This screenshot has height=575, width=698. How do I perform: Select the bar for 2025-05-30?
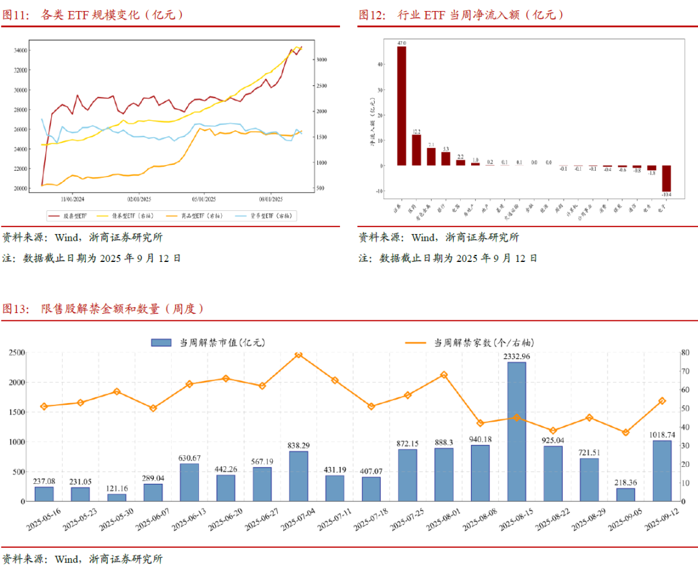(117, 497)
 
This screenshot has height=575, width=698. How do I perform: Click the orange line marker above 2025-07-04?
(298, 354)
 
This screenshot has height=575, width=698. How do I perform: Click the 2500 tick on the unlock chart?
(17, 353)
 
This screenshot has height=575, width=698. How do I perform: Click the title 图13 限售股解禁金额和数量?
(103, 309)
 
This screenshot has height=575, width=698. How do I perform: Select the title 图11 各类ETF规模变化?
(93, 15)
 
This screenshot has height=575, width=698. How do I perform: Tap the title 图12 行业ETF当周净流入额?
(461, 15)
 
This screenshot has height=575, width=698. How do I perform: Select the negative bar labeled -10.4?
(666, 178)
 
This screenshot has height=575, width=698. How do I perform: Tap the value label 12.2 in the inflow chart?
(416, 131)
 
